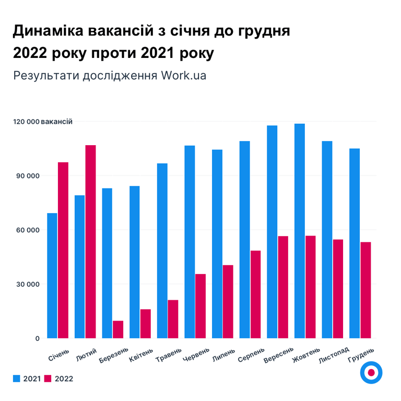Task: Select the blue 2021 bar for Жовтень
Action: (300, 231)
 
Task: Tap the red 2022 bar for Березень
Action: (118, 329)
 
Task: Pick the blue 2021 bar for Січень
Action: (52, 276)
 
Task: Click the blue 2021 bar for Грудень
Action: (355, 243)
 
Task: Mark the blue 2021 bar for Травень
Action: (162, 251)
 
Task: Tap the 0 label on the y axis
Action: (38, 338)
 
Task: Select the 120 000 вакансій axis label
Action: (43, 122)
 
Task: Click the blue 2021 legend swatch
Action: (18, 379)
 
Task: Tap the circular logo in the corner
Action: (371, 373)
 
